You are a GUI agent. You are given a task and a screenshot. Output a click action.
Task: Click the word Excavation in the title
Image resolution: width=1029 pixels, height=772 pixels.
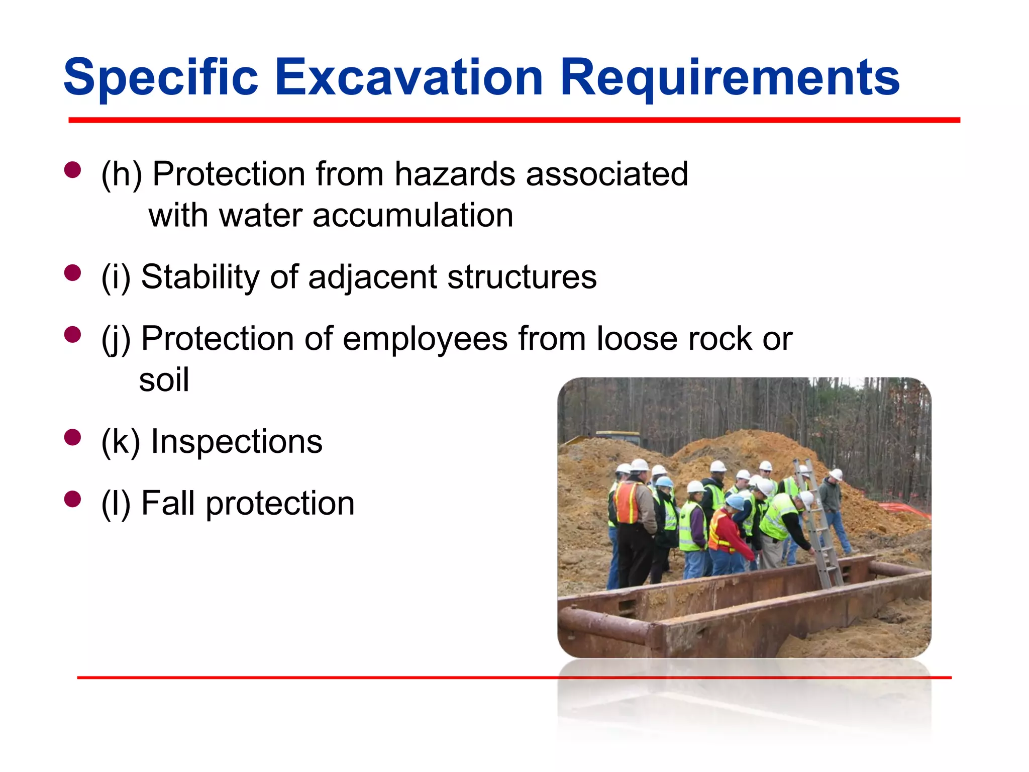[408, 77]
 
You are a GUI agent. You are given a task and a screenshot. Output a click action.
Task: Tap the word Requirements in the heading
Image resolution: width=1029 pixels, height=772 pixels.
[729, 77]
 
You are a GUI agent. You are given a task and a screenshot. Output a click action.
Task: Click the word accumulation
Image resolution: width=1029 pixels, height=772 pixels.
[413, 216]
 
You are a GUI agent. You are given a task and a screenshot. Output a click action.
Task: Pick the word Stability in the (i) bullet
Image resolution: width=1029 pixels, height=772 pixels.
[199, 277]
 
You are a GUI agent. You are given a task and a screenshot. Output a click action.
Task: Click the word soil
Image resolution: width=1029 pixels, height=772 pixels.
[164, 380]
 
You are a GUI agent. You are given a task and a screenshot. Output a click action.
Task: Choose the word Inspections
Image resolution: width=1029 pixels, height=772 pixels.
[236, 441]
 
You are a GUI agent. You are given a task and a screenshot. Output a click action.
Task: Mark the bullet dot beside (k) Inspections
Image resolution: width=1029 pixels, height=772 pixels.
[73, 437]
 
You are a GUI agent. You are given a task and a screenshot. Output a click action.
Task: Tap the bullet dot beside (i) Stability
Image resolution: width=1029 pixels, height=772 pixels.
[73, 273]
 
